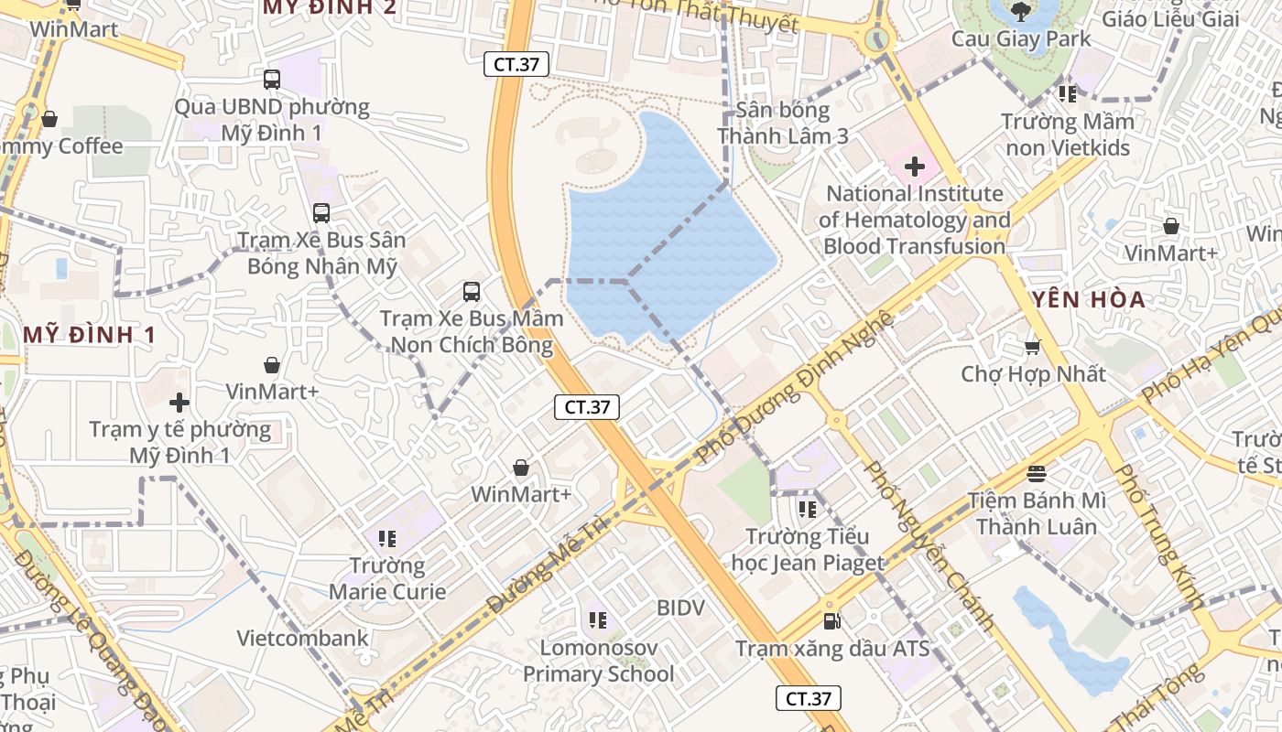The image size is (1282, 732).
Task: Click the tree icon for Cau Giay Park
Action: pyautogui.click(x=1021, y=12)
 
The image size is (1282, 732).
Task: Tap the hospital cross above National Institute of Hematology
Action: pyautogui.click(x=914, y=167)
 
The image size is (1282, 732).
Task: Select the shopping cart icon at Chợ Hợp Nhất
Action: pyautogui.click(x=1033, y=347)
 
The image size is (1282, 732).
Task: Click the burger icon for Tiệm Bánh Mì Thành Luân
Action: pyautogui.click(x=1037, y=473)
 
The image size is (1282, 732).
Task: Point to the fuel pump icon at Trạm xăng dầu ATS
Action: pyautogui.click(x=831, y=621)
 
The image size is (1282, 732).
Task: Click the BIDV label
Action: pyautogui.click(x=680, y=608)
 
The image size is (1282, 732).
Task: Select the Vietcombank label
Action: pyautogui.click(x=302, y=638)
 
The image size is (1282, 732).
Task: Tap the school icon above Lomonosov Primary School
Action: pyautogui.click(x=598, y=620)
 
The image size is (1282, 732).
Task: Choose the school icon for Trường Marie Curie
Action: pyautogui.click(x=386, y=538)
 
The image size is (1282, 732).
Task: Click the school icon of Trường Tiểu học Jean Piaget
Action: pyautogui.click(x=807, y=509)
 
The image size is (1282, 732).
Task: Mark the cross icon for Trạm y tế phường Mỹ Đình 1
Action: pyautogui.click(x=179, y=402)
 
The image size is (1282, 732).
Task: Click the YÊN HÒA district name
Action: pyautogui.click(x=1088, y=299)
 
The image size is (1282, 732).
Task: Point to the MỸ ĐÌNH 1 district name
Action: pyautogui.click(x=89, y=335)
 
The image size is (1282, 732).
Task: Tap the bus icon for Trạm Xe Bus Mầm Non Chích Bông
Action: pyautogui.click(x=471, y=292)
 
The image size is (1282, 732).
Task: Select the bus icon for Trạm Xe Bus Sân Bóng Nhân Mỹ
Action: pyautogui.click(x=321, y=213)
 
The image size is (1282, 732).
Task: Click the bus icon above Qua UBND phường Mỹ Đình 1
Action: pyautogui.click(x=271, y=80)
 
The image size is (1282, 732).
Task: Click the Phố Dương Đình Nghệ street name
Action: pyautogui.click(x=794, y=387)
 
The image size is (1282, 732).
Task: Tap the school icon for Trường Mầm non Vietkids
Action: pyautogui.click(x=1067, y=93)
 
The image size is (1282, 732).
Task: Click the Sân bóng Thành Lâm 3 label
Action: pyautogui.click(x=783, y=123)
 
